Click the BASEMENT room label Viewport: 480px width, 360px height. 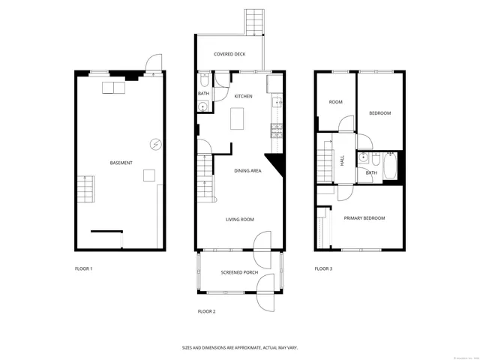(x=121, y=163)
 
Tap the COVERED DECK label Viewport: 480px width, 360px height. (x=229, y=54)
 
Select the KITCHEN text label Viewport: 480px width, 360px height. (x=243, y=97)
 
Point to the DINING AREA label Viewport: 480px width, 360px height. (x=247, y=171)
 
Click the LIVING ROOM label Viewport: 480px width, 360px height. (x=240, y=220)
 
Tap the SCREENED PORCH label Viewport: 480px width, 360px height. (x=239, y=272)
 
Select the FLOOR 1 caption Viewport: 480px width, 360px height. (x=83, y=268)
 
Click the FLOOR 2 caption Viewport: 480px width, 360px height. (x=206, y=310)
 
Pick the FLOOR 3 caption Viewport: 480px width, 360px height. (x=323, y=268)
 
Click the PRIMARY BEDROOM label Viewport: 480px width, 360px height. (x=364, y=218)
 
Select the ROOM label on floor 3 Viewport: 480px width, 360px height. (x=335, y=102)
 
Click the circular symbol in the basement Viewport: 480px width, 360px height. (x=155, y=145)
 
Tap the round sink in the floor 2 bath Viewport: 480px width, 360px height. (x=202, y=107)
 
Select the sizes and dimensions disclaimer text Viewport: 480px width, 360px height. (x=239, y=347)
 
